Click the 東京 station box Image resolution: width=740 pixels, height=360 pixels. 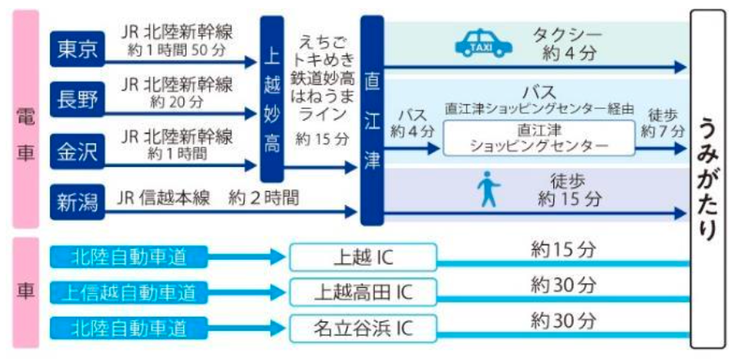77,49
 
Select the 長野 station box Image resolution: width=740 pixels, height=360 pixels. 77,99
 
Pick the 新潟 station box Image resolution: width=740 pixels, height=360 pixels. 77,203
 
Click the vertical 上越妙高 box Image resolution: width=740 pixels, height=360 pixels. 272,99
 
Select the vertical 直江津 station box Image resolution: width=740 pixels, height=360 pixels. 372,121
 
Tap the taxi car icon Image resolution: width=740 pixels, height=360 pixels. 483,43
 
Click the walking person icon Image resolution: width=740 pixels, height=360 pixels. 488,189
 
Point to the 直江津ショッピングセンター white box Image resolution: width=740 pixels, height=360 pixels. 539,138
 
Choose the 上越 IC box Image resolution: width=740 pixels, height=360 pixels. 363,257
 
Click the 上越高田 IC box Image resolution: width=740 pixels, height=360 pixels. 363,292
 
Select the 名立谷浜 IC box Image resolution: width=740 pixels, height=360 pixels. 363,328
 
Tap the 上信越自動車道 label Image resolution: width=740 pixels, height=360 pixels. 129,292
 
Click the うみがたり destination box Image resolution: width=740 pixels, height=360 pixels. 707,179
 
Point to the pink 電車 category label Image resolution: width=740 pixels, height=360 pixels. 26,120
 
